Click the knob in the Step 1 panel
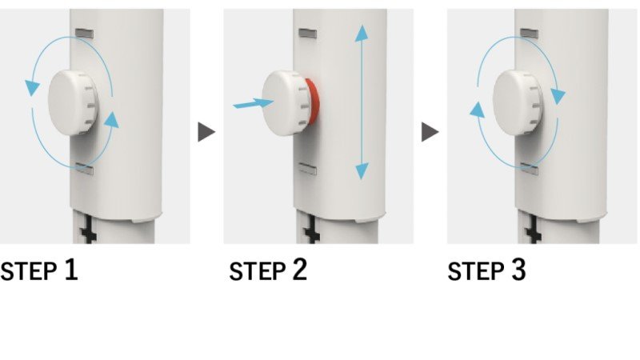pyautogui.click(x=73, y=102)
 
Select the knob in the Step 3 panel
pyautogui.click(x=518, y=103)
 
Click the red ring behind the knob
pyautogui.click(x=311, y=102)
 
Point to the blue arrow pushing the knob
pyautogui.click(x=253, y=103)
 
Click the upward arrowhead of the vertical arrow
pyautogui.click(x=362, y=33)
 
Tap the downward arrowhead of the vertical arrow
pyautogui.click(x=362, y=171)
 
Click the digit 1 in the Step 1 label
pyautogui.click(x=71, y=270)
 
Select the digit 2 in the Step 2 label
pyautogui.click(x=300, y=270)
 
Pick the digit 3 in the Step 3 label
pyautogui.click(x=518, y=270)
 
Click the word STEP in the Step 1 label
pyautogui.click(x=28, y=271)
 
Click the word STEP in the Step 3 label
pyautogui.click(x=475, y=271)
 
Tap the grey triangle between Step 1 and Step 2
pyautogui.click(x=206, y=132)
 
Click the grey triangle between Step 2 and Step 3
pyautogui.click(x=430, y=132)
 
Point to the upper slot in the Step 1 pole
pyautogui.click(x=84, y=34)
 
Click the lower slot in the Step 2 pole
pyautogui.click(x=308, y=169)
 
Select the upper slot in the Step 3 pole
pyautogui.click(x=529, y=34)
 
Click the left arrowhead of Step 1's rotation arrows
pyautogui.click(x=32, y=87)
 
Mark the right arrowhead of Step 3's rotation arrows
pyautogui.click(x=558, y=96)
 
